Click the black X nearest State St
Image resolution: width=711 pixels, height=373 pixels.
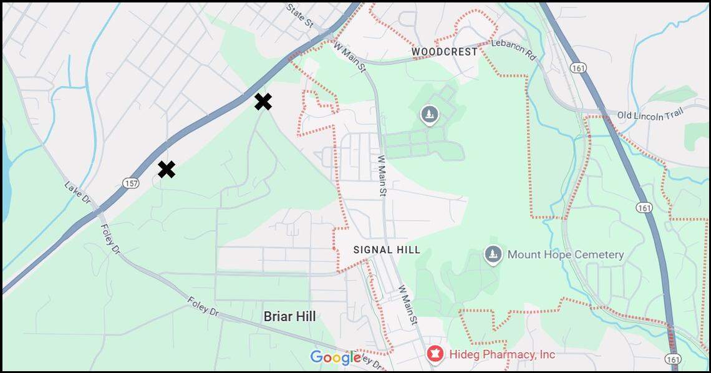coord(263,102)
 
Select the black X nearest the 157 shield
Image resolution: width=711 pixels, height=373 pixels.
coord(166,169)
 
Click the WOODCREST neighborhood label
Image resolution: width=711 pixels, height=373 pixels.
coord(445,52)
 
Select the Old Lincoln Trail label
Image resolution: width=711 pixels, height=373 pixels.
coord(650,114)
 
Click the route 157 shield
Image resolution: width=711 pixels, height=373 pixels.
coord(131,183)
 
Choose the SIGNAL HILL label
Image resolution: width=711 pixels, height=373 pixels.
coord(387,250)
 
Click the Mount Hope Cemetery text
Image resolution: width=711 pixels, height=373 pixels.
coord(565,254)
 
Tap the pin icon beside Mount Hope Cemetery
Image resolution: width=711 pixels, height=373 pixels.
coord(493,254)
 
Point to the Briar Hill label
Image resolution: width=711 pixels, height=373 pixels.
coord(289,316)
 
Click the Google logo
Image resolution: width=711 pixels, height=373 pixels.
coord(336,357)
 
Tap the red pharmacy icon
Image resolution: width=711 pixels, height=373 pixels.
coord(435,354)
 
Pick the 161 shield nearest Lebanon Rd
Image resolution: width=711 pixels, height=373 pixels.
coord(581,67)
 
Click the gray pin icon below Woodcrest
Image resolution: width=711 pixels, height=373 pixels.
coord(429,114)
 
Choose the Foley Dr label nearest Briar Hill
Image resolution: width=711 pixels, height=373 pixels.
coord(203,306)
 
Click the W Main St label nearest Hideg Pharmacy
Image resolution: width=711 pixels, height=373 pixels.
coord(407,305)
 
